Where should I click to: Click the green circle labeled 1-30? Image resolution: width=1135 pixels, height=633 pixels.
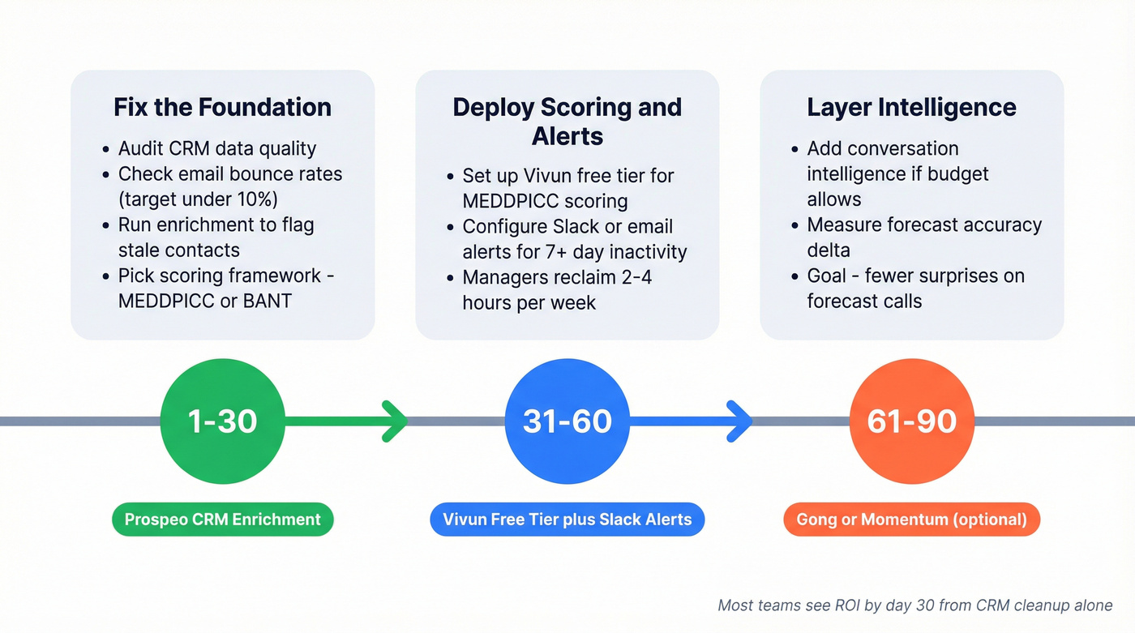(x=223, y=421)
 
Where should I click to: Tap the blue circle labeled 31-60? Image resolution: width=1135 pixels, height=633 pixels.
(x=567, y=421)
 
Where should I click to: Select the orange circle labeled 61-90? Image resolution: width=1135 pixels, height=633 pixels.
(x=911, y=421)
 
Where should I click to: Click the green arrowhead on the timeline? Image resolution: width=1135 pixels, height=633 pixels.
(x=396, y=421)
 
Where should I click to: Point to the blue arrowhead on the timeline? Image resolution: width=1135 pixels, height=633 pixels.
(x=739, y=421)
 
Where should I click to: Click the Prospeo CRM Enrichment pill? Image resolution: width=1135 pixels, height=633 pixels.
(x=223, y=520)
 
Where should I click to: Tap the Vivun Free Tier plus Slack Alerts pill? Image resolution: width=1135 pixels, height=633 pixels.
(x=567, y=520)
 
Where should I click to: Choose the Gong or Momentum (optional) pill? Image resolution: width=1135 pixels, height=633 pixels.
(x=911, y=520)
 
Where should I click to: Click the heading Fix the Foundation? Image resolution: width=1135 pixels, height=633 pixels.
(x=222, y=108)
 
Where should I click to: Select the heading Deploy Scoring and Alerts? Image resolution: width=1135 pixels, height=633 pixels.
(x=567, y=122)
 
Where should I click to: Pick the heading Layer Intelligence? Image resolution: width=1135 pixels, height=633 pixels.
(x=911, y=108)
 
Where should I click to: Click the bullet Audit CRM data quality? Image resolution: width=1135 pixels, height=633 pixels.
(x=217, y=149)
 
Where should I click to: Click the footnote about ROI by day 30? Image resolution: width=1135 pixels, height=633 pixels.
(x=914, y=605)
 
